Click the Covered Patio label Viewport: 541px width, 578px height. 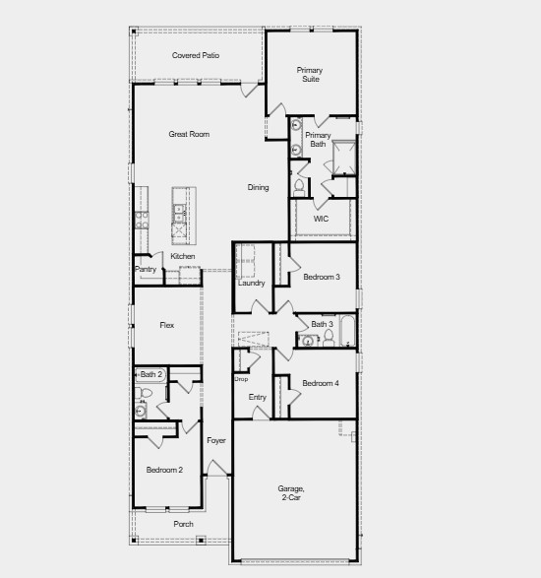(x=196, y=55)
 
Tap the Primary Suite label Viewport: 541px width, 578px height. (x=311, y=74)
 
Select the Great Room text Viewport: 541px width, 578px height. (x=188, y=134)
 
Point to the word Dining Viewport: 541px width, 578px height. (x=258, y=187)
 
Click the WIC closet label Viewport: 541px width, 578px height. (x=321, y=219)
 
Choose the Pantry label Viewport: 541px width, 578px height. (x=146, y=269)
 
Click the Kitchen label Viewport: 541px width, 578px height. (x=183, y=256)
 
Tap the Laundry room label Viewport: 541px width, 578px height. (x=251, y=283)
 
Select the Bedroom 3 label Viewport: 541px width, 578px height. (x=322, y=277)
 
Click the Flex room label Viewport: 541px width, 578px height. (x=167, y=324)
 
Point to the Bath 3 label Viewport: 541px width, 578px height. (x=323, y=324)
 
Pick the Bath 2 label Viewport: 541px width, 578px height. (x=150, y=374)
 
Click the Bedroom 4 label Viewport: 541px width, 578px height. (x=321, y=383)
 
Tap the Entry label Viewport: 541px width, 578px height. (x=257, y=397)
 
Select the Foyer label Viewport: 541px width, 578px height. (x=216, y=440)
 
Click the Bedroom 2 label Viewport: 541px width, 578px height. (x=164, y=470)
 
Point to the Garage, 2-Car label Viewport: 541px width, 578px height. (x=290, y=493)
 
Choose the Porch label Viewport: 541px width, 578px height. (x=184, y=524)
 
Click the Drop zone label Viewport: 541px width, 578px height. (x=241, y=378)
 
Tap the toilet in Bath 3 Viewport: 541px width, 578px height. (x=330, y=341)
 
